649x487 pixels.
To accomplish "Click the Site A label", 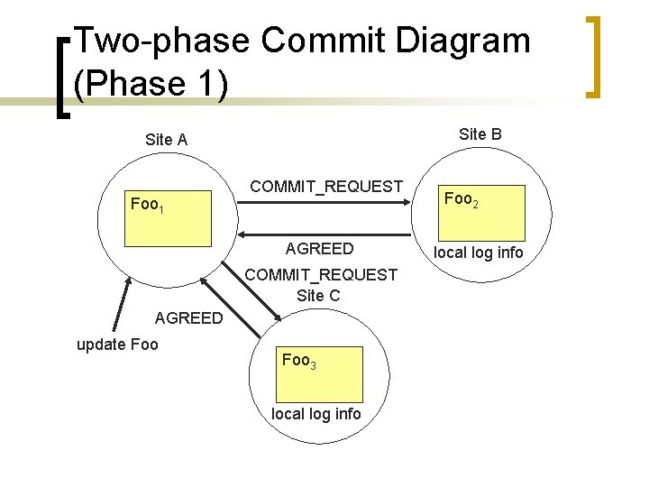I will (x=166, y=140).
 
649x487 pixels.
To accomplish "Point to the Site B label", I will (x=480, y=134).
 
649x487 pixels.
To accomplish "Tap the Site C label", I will (x=318, y=295).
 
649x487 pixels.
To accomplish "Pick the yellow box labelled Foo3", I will (x=321, y=373).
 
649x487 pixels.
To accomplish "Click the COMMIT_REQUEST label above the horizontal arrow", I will (x=326, y=187).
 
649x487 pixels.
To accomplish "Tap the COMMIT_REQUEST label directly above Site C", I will (x=321, y=274).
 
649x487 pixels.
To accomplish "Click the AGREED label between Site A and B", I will (x=319, y=249).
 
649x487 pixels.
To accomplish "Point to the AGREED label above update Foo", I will (x=188, y=317).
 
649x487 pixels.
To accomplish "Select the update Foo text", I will (x=117, y=345).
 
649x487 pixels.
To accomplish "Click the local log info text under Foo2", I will (x=478, y=253).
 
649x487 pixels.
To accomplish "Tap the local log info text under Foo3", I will (x=316, y=414).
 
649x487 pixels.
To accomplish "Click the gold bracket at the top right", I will (x=592, y=56).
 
